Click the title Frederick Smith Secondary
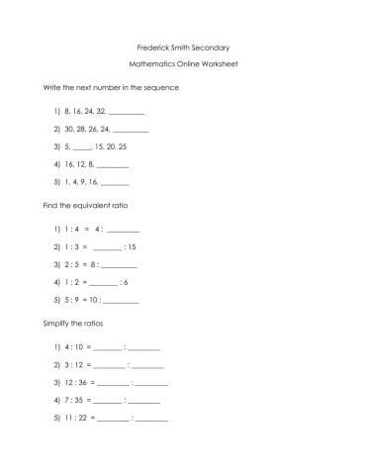pyautogui.click(x=183, y=47)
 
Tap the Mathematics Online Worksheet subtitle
pyautogui.click(x=183, y=64)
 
